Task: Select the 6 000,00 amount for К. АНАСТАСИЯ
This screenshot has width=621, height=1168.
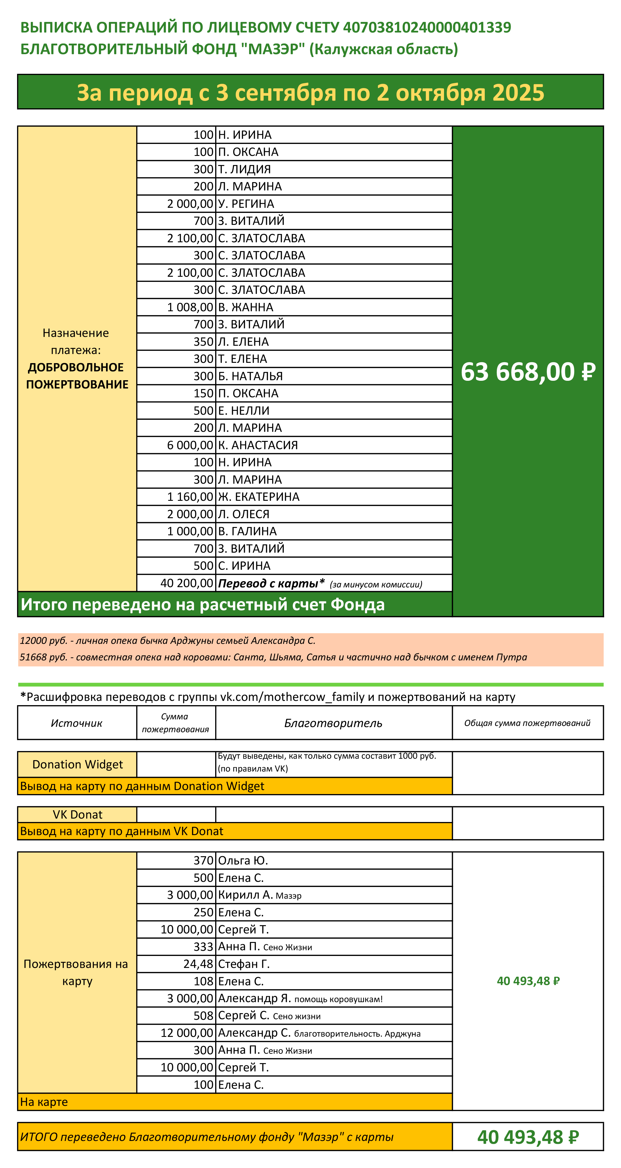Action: (190, 445)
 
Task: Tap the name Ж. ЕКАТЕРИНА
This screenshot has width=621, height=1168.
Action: (258, 497)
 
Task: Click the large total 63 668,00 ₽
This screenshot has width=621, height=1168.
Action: (528, 372)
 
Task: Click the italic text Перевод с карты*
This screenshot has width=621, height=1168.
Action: (271, 583)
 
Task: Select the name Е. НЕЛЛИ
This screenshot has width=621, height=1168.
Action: (243, 411)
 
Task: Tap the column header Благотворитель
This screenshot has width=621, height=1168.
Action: (333, 723)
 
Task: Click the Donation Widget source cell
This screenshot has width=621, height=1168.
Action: (78, 764)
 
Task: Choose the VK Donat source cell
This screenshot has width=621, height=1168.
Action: (78, 815)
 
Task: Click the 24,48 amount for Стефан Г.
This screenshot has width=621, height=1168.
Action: (198, 964)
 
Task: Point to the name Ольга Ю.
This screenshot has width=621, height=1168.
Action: (243, 860)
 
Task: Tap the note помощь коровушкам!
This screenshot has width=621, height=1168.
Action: (338, 999)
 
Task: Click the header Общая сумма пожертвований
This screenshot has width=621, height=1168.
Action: (527, 723)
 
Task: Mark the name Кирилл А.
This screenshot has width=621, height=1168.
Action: (245, 895)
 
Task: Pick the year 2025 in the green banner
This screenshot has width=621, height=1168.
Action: (518, 93)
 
